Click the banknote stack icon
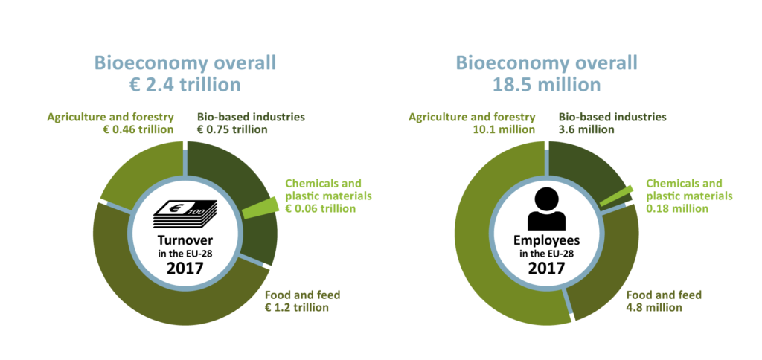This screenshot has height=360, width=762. [185, 214]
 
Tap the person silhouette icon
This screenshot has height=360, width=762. [547, 210]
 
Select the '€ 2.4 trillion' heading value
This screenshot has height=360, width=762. [185, 85]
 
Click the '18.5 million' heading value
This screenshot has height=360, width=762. [547, 85]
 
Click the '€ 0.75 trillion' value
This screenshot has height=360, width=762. [232, 129]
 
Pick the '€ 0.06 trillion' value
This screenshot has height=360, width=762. [321, 208]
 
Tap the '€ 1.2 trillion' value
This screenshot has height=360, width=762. [296, 307]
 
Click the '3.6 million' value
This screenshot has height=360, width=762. [586, 129]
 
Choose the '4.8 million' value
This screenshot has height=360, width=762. [654, 307]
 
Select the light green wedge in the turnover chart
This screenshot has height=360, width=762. [260, 209]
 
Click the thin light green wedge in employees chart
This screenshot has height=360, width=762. [615, 196]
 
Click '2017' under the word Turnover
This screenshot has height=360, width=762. [185, 268]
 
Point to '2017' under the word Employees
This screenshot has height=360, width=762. [547, 268]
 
